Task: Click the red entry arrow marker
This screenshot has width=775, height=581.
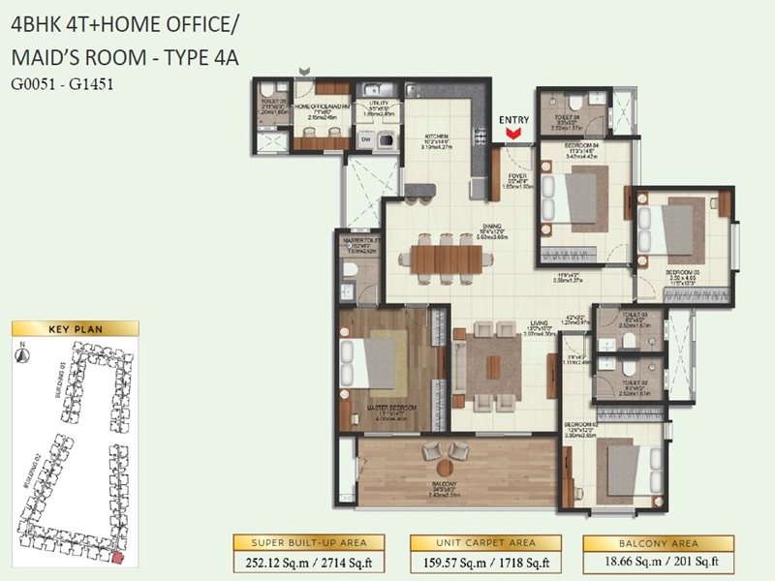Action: [x=513, y=134]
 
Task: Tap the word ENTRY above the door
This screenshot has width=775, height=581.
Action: [x=514, y=120]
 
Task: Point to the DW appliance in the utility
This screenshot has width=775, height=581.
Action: [x=366, y=138]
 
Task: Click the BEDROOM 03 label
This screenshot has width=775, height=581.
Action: [x=684, y=273]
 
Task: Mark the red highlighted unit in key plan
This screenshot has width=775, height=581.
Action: [x=117, y=557]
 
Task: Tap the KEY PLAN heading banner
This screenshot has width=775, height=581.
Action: [x=75, y=328]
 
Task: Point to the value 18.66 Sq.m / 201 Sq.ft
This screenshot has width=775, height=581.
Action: [x=654, y=560]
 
